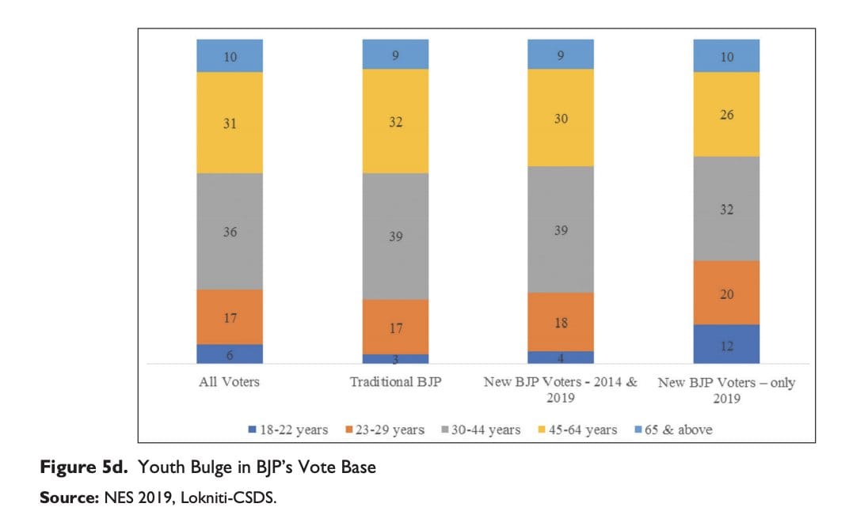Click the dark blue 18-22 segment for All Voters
click(230, 354)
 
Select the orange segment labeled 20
click(726, 293)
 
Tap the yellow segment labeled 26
click(726, 114)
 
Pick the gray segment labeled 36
click(230, 232)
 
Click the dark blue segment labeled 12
click(726, 344)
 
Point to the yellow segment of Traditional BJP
click(395, 120)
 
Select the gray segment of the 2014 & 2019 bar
click(561, 229)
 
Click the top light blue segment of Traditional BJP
click(395, 54)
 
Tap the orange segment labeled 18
click(561, 322)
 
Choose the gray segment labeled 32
click(726, 209)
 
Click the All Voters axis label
click(230, 383)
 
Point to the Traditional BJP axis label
click(395, 383)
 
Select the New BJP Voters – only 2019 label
click(726, 390)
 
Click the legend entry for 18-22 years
click(288, 430)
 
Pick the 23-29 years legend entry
click(385, 430)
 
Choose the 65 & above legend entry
click(672, 430)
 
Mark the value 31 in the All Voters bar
click(230, 122)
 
